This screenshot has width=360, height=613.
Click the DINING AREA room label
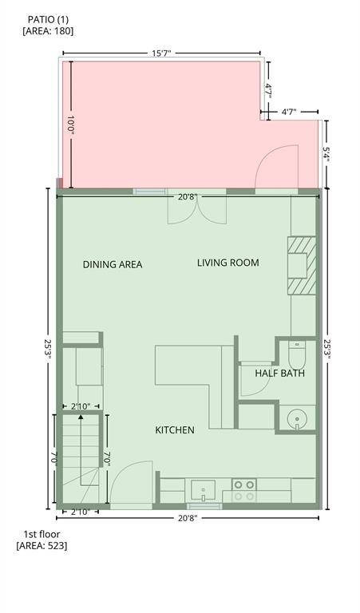(113, 265)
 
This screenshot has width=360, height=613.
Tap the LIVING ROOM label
(227, 263)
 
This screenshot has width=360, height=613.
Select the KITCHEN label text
(175, 430)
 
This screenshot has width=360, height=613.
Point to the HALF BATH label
(280, 374)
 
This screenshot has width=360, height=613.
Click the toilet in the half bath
(297, 353)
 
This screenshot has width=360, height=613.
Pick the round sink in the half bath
(297, 421)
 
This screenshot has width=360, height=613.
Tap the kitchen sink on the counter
(204, 491)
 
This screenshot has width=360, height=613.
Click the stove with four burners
(244, 491)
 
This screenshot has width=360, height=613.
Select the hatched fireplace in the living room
(302, 266)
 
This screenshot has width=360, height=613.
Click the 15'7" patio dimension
(162, 53)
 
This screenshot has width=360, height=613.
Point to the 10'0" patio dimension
(71, 125)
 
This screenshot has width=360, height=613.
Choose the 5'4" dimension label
(326, 155)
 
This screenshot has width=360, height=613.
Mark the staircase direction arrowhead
(81, 417)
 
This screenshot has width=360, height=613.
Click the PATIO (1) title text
(48, 19)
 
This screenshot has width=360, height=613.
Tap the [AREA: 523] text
(42, 545)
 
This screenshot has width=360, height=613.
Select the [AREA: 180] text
(48, 31)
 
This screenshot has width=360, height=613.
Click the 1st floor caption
(42, 534)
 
